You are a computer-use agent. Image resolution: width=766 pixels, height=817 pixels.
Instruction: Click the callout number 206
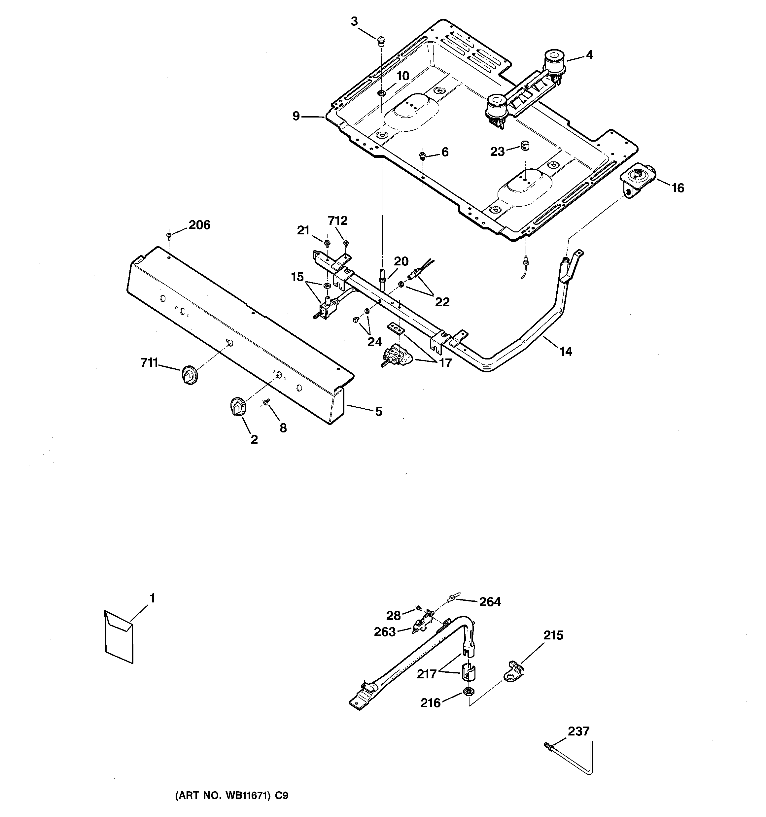[199, 225]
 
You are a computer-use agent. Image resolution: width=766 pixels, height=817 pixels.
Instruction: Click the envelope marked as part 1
[119, 637]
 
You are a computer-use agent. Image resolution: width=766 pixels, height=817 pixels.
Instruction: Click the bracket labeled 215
[513, 671]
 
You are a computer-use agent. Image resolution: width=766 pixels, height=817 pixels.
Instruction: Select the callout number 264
[490, 602]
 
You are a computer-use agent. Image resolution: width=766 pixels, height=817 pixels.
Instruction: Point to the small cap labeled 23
[525, 145]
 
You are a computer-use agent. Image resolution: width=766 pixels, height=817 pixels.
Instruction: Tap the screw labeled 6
[422, 155]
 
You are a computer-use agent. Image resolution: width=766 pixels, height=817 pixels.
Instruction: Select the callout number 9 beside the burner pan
[296, 116]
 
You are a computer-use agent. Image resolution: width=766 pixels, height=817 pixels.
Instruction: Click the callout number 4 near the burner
[589, 55]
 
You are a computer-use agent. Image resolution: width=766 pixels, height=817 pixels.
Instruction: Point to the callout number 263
[384, 632]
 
